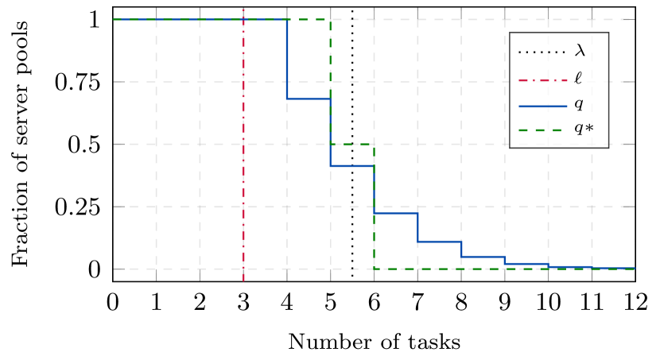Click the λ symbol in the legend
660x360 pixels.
click(x=580, y=52)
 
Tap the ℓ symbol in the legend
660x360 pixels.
click(x=578, y=78)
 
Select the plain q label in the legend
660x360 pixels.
click(x=578, y=104)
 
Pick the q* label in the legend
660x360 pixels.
click(x=584, y=130)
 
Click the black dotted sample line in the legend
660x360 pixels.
click(x=542, y=52)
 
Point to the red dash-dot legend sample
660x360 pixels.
click(x=542, y=79)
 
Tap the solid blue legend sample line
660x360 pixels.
click(x=542, y=105)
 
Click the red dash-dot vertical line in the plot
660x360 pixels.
click(x=243, y=159)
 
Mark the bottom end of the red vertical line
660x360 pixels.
click(x=243, y=280)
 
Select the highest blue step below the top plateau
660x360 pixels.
click(x=309, y=99)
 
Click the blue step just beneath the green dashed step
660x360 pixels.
click(x=351, y=166)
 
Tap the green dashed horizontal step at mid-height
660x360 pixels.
click(x=351, y=144)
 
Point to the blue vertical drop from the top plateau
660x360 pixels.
click(x=287, y=60)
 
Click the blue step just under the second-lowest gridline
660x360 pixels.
click(x=395, y=213)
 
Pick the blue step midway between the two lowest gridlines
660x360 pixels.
click(x=439, y=241)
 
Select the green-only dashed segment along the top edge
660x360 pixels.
click(x=309, y=19)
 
